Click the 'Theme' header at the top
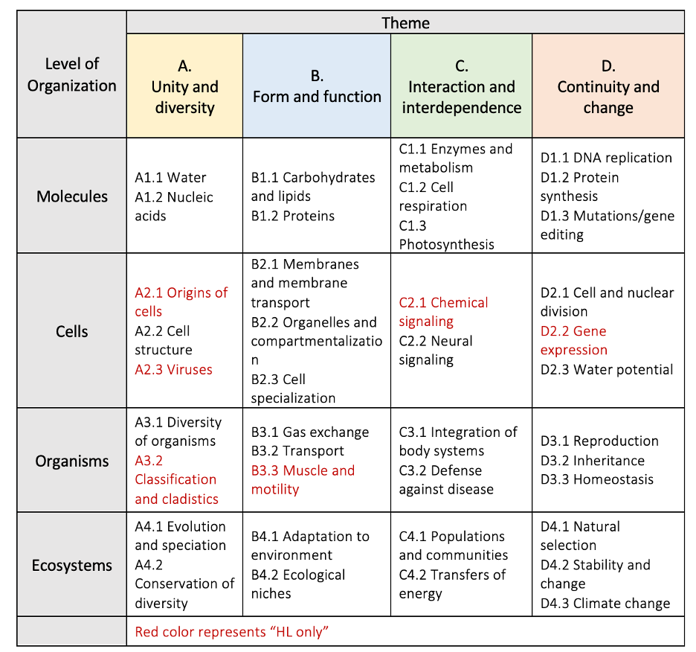coord(405,22)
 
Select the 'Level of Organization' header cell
coord(71,74)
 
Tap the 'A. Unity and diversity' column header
coord(184,87)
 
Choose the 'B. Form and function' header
coord(317,86)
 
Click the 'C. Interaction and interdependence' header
coord(461,87)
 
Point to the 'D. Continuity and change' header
coord(608,87)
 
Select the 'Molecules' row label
coord(72,196)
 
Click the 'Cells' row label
coord(72,331)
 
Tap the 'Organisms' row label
coord(72,461)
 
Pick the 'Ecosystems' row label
coord(72,565)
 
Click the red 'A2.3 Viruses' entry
coord(173,369)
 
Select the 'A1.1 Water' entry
coord(170,177)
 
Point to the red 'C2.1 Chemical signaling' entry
coord(443,312)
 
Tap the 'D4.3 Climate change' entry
coord(605,603)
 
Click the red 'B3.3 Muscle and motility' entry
coord(303,480)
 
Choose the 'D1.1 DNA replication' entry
coord(605,158)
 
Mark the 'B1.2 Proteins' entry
coord(292,216)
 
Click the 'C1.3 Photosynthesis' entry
coord(446,234)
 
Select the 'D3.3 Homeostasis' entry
coord(596,479)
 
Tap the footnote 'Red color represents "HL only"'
coord(231,632)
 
